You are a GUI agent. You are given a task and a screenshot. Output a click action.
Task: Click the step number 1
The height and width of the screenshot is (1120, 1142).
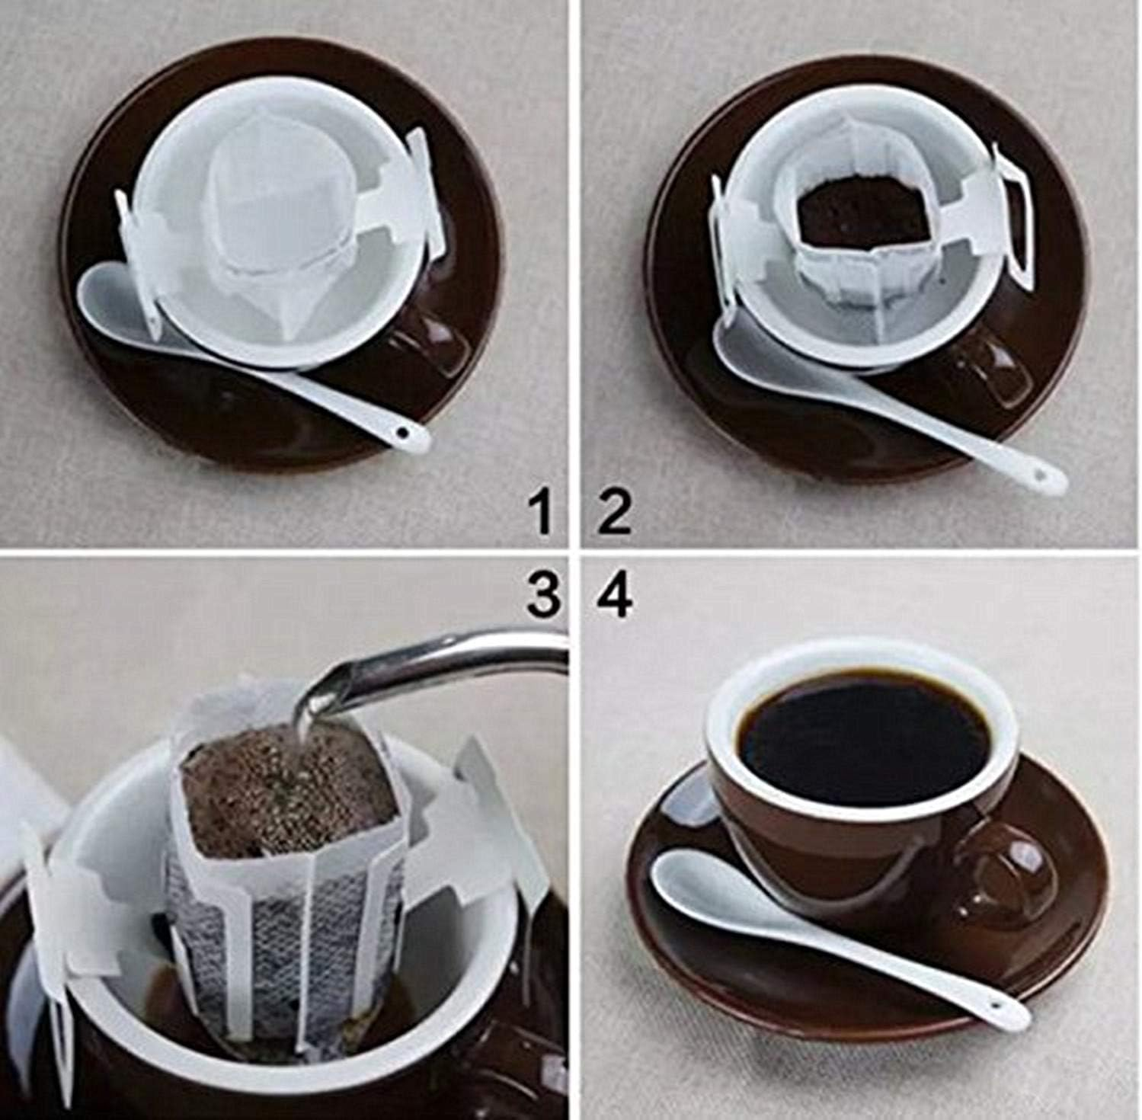[542, 512]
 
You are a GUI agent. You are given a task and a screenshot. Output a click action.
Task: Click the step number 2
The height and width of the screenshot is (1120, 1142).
[613, 513]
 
